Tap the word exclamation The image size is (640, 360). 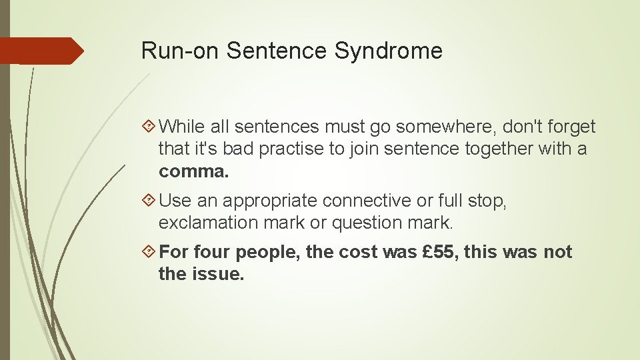pyautogui.click(x=207, y=222)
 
